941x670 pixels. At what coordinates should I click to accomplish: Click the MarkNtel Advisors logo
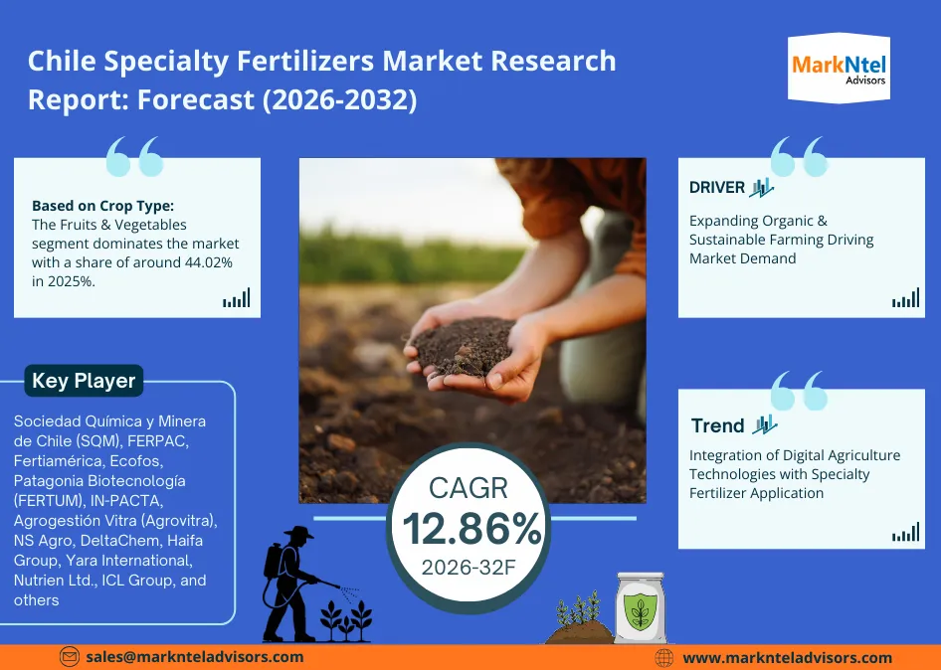coord(839,67)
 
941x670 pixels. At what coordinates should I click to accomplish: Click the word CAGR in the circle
coord(469,487)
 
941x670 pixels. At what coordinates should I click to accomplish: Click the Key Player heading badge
coord(84,381)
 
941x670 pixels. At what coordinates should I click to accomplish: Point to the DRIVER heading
coord(717,187)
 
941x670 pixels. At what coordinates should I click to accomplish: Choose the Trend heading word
coord(717,425)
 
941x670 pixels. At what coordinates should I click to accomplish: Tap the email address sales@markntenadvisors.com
coord(194,657)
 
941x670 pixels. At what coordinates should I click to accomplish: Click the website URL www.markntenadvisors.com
coord(787,658)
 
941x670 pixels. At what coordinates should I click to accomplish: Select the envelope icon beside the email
coord(70,657)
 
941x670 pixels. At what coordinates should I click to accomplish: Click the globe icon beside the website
coord(664,658)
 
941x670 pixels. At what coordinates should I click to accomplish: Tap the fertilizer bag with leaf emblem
coord(640,609)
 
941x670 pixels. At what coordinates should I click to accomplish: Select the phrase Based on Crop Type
coord(102,206)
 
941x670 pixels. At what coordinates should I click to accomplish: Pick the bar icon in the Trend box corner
coord(905,533)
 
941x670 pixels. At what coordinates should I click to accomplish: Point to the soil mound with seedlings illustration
coord(579,621)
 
